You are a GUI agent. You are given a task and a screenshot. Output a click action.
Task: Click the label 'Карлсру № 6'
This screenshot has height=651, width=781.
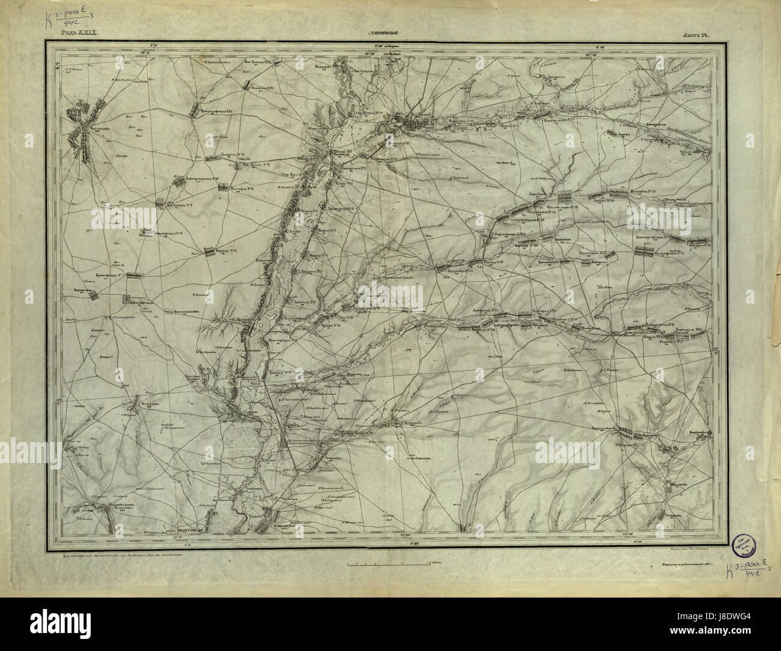[x=228, y=250]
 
